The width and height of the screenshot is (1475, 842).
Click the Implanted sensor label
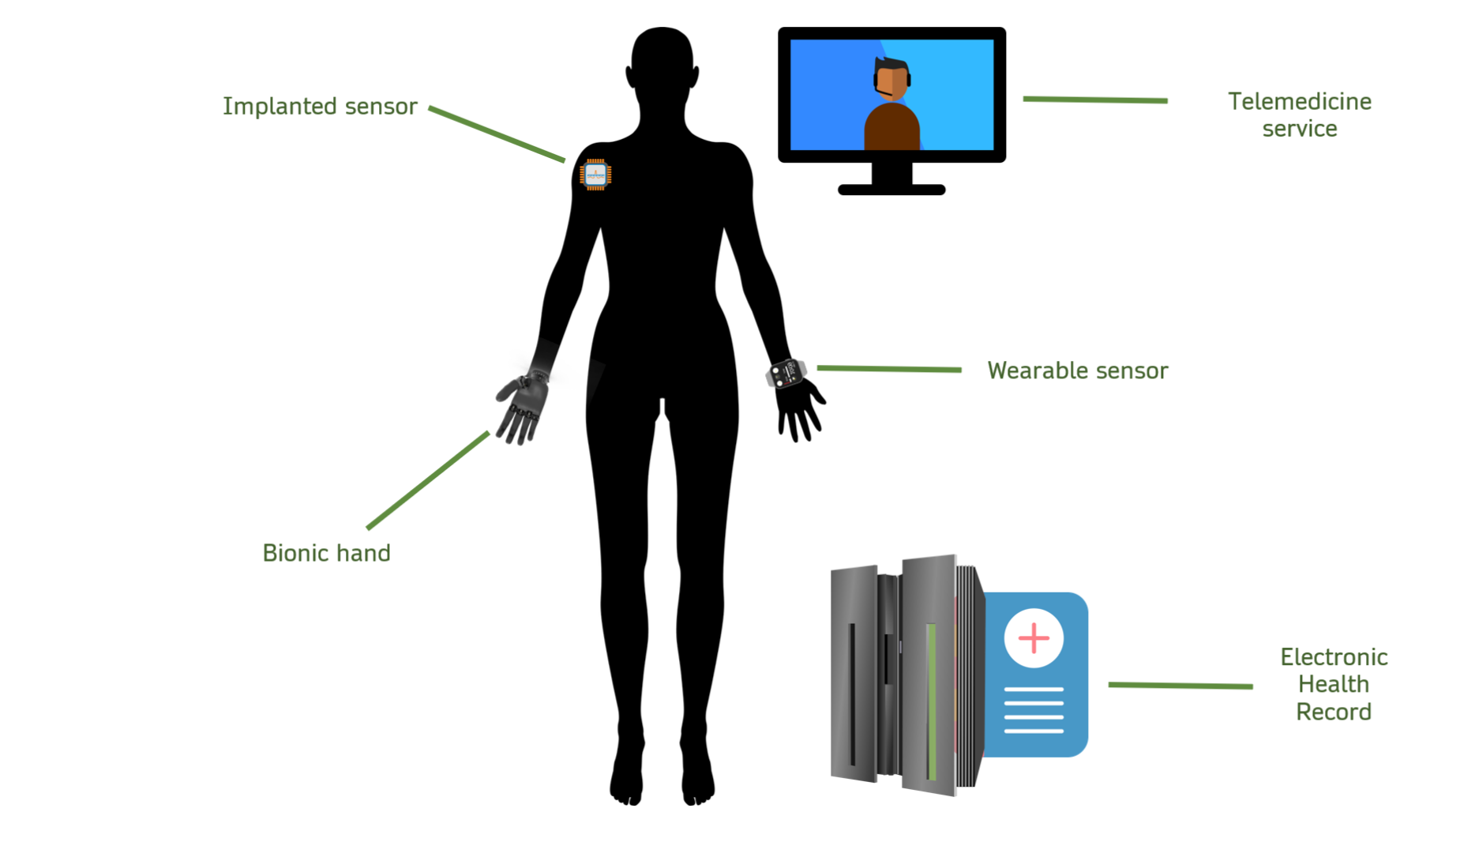click(x=319, y=106)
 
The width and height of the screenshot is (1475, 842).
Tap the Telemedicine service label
click(x=1299, y=115)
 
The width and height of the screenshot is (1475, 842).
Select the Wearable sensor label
click(x=1077, y=370)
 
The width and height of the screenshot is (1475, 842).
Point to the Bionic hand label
click(x=326, y=553)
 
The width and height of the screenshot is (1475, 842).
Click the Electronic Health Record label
click(x=1333, y=684)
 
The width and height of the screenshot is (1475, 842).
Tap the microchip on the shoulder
click(x=595, y=175)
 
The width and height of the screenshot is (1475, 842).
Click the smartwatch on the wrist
click(x=786, y=373)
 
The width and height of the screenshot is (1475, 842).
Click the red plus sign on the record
click(x=1034, y=638)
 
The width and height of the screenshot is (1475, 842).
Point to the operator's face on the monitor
click(x=893, y=81)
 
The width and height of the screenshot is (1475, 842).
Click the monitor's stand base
click(x=891, y=190)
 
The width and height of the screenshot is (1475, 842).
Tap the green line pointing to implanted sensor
click(x=497, y=133)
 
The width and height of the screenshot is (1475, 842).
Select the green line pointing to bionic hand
click(x=428, y=480)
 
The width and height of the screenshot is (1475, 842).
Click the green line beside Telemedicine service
click(x=1094, y=100)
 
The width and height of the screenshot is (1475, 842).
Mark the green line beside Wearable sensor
click(x=889, y=369)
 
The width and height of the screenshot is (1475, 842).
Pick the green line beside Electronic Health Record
click(x=1180, y=686)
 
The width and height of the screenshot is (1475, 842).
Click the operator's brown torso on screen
click(x=892, y=128)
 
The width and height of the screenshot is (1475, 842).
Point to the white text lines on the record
click(x=1034, y=710)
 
